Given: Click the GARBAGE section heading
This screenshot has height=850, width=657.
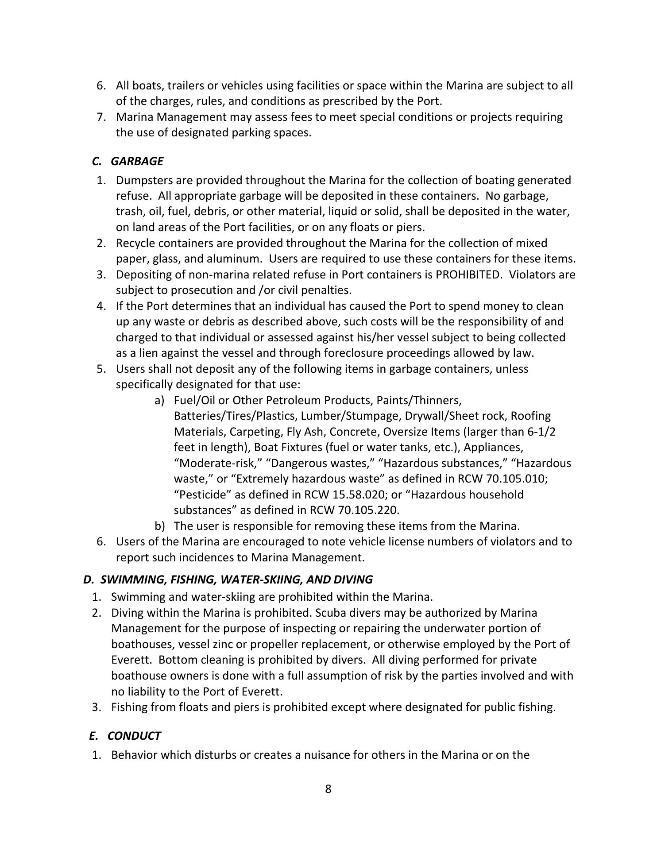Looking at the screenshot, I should [137, 161].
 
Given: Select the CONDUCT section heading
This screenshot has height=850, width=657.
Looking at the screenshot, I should [134, 735].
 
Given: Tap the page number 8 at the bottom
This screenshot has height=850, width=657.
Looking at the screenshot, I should [328, 789].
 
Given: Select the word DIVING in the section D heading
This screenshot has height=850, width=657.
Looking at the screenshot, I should [353, 580].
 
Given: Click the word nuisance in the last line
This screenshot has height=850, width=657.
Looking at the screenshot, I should [328, 754].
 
